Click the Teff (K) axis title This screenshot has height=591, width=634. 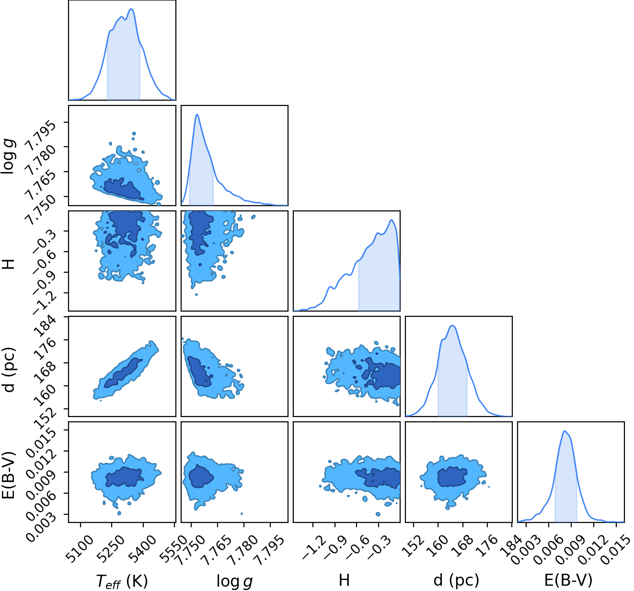click(x=122, y=580)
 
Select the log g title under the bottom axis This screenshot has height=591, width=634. click(x=235, y=581)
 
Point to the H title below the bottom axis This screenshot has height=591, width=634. click(x=344, y=580)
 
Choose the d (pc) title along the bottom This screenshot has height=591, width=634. click(x=457, y=580)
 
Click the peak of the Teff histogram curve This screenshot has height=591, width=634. click(x=131, y=9)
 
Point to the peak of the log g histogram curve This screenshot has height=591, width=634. click(x=197, y=114)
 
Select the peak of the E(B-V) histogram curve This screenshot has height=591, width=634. click(x=565, y=431)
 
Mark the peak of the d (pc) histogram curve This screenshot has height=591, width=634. click(x=453, y=325)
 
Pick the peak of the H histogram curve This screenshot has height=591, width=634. click(x=392, y=220)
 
